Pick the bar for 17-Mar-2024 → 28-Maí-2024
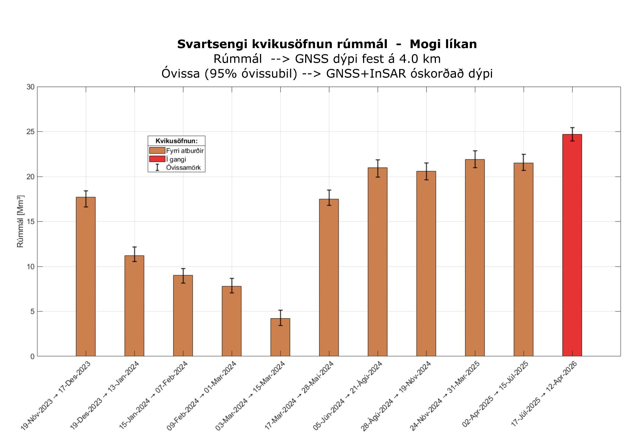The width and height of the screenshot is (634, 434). coord(329,277)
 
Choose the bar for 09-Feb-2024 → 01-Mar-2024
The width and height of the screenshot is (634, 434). coord(232,321)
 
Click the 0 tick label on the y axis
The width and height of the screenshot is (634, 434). coord(32,356)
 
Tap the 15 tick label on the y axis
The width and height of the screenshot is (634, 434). coord(30,222)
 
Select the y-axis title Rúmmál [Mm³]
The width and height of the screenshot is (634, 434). coord(20,221)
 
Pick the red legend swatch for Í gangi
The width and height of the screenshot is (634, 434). coord(157,159)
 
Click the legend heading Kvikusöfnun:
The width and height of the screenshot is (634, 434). coord(176,141)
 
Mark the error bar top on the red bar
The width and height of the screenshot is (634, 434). coord(572,128)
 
